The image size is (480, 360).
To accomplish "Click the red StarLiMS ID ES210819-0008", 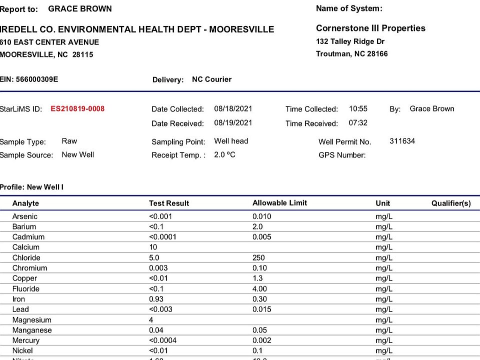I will (x=77, y=108).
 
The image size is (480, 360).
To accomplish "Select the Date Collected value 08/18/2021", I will (x=233, y=108).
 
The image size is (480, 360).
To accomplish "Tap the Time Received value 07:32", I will (x=358, y=123).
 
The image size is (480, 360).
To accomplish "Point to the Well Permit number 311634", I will (x=402, y=141).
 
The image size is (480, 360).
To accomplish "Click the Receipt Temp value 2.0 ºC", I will (x=224, y=155).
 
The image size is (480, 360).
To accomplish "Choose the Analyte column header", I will (x=25, y=203).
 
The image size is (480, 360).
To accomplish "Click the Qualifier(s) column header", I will (x=451, y=203).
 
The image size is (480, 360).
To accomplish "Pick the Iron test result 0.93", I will (x=156, y=299).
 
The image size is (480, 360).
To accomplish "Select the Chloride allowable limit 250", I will (x=259, y=257).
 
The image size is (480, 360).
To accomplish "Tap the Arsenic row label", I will (x=25, y=216).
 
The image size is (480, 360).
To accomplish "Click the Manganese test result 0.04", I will (x=156, y=330).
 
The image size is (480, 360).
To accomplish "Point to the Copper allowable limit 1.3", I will (x=258, y=278).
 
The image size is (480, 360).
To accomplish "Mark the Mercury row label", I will (x=26, y=340).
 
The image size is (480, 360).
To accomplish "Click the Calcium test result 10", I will (x=153, y=247).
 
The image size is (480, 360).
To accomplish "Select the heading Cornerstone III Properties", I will (x=370, y=28).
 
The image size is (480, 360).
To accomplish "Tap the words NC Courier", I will (x=211, y=79).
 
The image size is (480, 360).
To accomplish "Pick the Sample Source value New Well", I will (x=77, y=154).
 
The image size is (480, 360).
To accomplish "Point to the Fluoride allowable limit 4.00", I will (x=260, y=288).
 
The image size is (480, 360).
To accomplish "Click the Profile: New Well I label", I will (x=31, y=187).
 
